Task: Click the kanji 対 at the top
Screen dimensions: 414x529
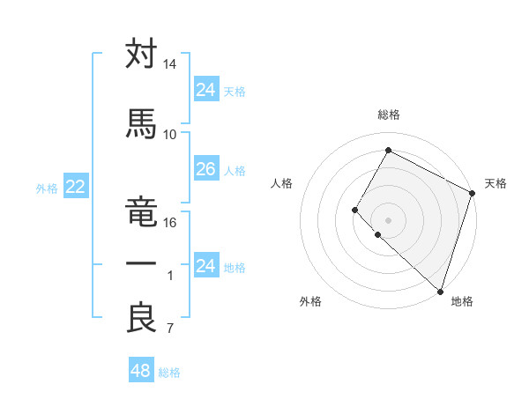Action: pos(141,54)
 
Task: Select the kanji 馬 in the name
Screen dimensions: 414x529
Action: pos(141,124)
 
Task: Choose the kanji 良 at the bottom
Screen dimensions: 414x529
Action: pos(141,318)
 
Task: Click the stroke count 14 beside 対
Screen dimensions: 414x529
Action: pos(169,64)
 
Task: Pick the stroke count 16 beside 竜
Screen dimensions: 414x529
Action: pos(169,223)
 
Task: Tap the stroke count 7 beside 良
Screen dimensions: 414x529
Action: pos(169,329)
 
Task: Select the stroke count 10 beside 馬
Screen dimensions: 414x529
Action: pos(169,135)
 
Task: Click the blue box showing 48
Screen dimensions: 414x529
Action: pos(140,371)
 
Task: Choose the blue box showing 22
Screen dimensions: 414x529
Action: pos(75,186)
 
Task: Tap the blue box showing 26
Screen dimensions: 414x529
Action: pos(205,169)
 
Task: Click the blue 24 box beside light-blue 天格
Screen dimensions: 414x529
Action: pos(205,89)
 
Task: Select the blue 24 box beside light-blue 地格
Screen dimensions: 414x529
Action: pos(205,265)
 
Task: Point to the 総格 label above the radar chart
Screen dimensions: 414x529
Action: pos(388,115)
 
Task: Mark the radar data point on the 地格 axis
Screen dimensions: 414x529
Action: pos(439,291)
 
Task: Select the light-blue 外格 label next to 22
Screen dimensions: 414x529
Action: pos(46,188)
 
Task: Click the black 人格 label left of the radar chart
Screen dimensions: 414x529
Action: pos(282,183)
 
